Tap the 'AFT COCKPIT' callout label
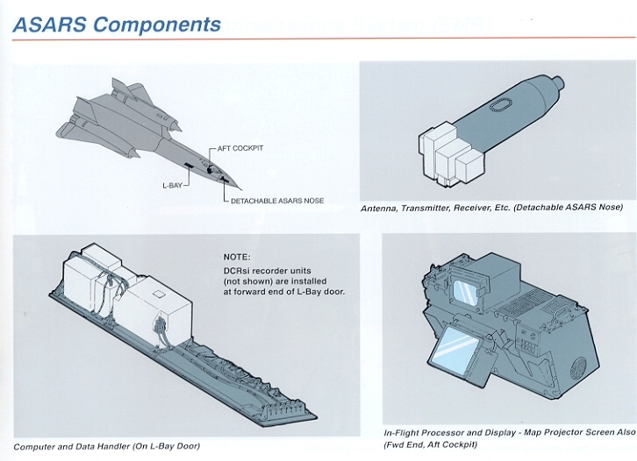[x=240, y=148]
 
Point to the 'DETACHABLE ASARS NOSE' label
[x=277, y=201]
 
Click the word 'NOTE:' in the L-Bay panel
[x=237, y=257]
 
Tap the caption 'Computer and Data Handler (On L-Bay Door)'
[x=106, y=446]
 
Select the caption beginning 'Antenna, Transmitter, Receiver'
[x=491, y=208]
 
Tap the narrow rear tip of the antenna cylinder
[x=558, y=84]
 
